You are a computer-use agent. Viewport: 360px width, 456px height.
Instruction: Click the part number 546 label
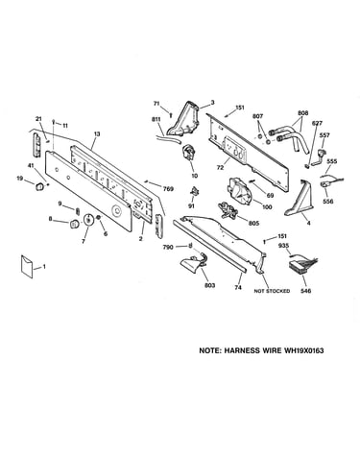tap(306, 291)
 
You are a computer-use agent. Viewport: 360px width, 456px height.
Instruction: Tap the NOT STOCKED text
tap(272, 291)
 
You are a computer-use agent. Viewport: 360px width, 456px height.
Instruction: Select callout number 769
tap(168, 189)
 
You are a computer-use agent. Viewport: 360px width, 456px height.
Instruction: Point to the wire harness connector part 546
tap(300, 264)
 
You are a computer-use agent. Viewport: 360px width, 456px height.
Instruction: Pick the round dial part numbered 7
tap(87, 220)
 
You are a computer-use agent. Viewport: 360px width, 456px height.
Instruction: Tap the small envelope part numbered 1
tap(27, 266)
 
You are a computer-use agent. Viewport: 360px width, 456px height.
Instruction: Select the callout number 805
tap(253, 224)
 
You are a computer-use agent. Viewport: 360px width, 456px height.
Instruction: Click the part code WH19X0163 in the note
tap(303, 350)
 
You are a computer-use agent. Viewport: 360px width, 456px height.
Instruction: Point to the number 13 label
tap(97, 134)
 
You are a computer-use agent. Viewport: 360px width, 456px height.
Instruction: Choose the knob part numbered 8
tap(74, 224)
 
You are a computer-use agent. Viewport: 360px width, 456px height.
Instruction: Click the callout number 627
tap(317, 123)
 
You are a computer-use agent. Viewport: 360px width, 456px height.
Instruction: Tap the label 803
tap(209, 285)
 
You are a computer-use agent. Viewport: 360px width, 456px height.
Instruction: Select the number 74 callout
tap(238, 288)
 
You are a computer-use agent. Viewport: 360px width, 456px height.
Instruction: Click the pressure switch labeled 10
tap(189, 152)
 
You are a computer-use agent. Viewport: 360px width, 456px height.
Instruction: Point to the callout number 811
tap(156, 119)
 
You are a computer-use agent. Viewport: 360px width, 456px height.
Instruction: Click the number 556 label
tap(328, 202)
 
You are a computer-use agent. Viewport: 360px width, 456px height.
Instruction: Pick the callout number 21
tap(38, 119)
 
